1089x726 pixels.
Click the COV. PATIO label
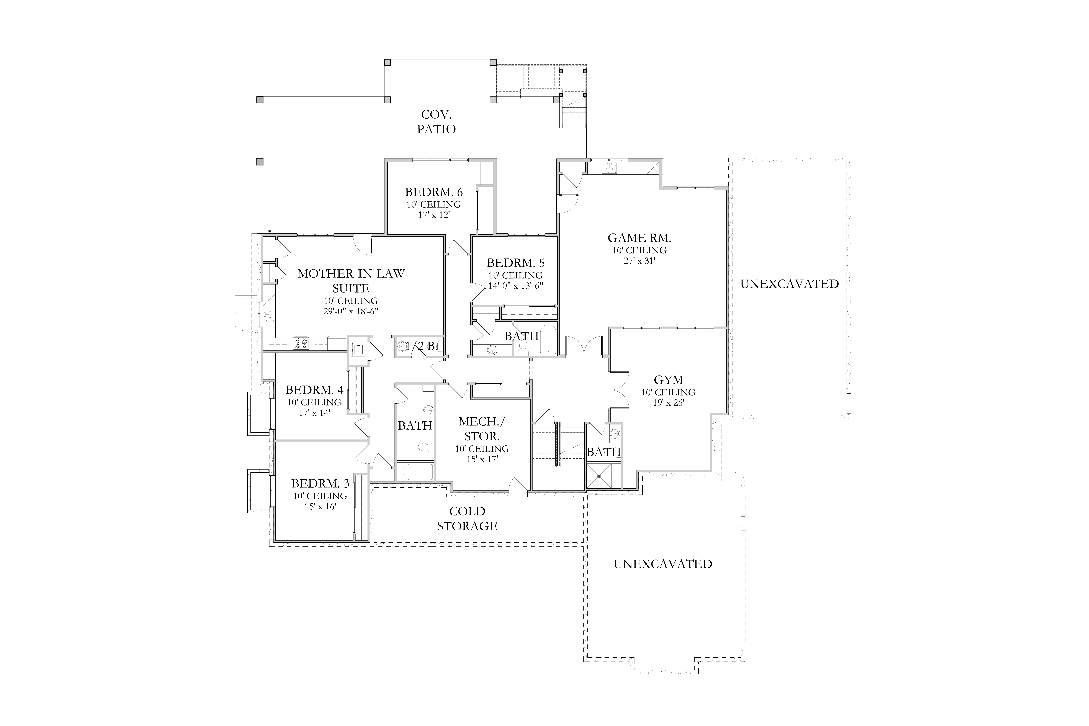coord(436,122)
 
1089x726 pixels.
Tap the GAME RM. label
coord(639,238)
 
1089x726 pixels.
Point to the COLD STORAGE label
coord(467,519)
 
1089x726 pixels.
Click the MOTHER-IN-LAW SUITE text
coord(351,281)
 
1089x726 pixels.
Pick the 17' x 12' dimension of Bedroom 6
coord(434,215)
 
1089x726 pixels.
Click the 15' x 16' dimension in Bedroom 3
coord(320,507)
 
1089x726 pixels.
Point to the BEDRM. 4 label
coord(314,390)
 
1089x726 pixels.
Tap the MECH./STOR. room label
coord(482,429)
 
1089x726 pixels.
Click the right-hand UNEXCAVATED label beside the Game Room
coord(789,284)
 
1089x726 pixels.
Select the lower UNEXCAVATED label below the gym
coord(663,564)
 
